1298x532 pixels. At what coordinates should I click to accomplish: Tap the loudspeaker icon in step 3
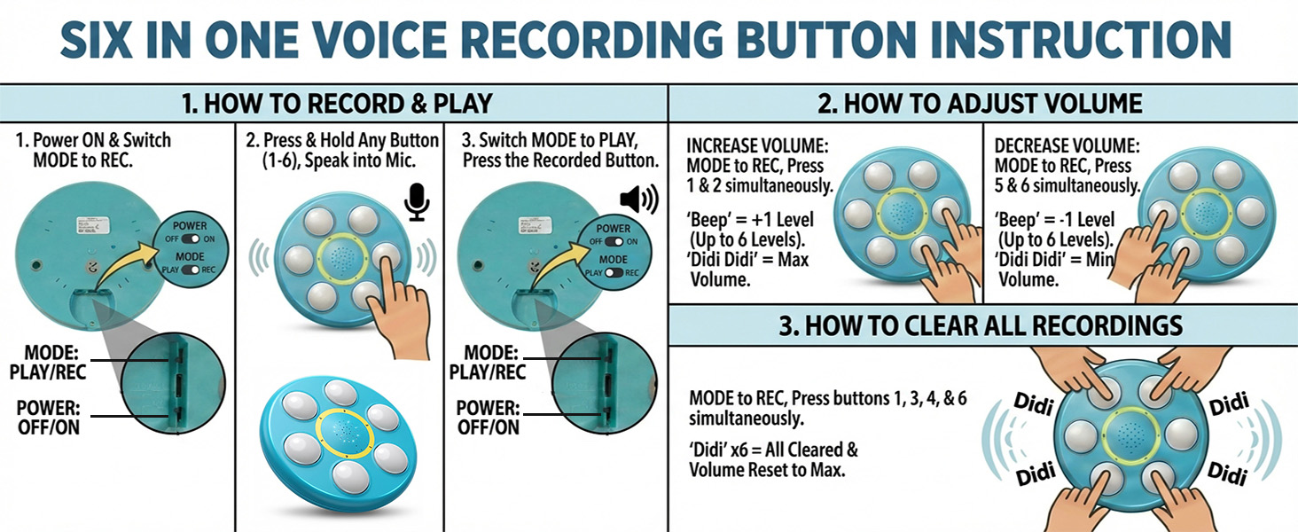click(638, 199)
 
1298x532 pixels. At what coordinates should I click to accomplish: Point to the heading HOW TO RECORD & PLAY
click(337, 104)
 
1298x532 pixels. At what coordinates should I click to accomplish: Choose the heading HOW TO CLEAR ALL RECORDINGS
click(981, 325)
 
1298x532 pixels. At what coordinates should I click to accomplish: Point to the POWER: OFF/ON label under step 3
click(487, 418)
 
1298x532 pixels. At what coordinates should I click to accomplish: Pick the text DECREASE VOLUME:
click(1067, 146)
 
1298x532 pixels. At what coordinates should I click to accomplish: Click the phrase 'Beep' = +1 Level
click(750, 220)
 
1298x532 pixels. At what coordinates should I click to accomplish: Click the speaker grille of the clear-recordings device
click(1130, 435)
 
